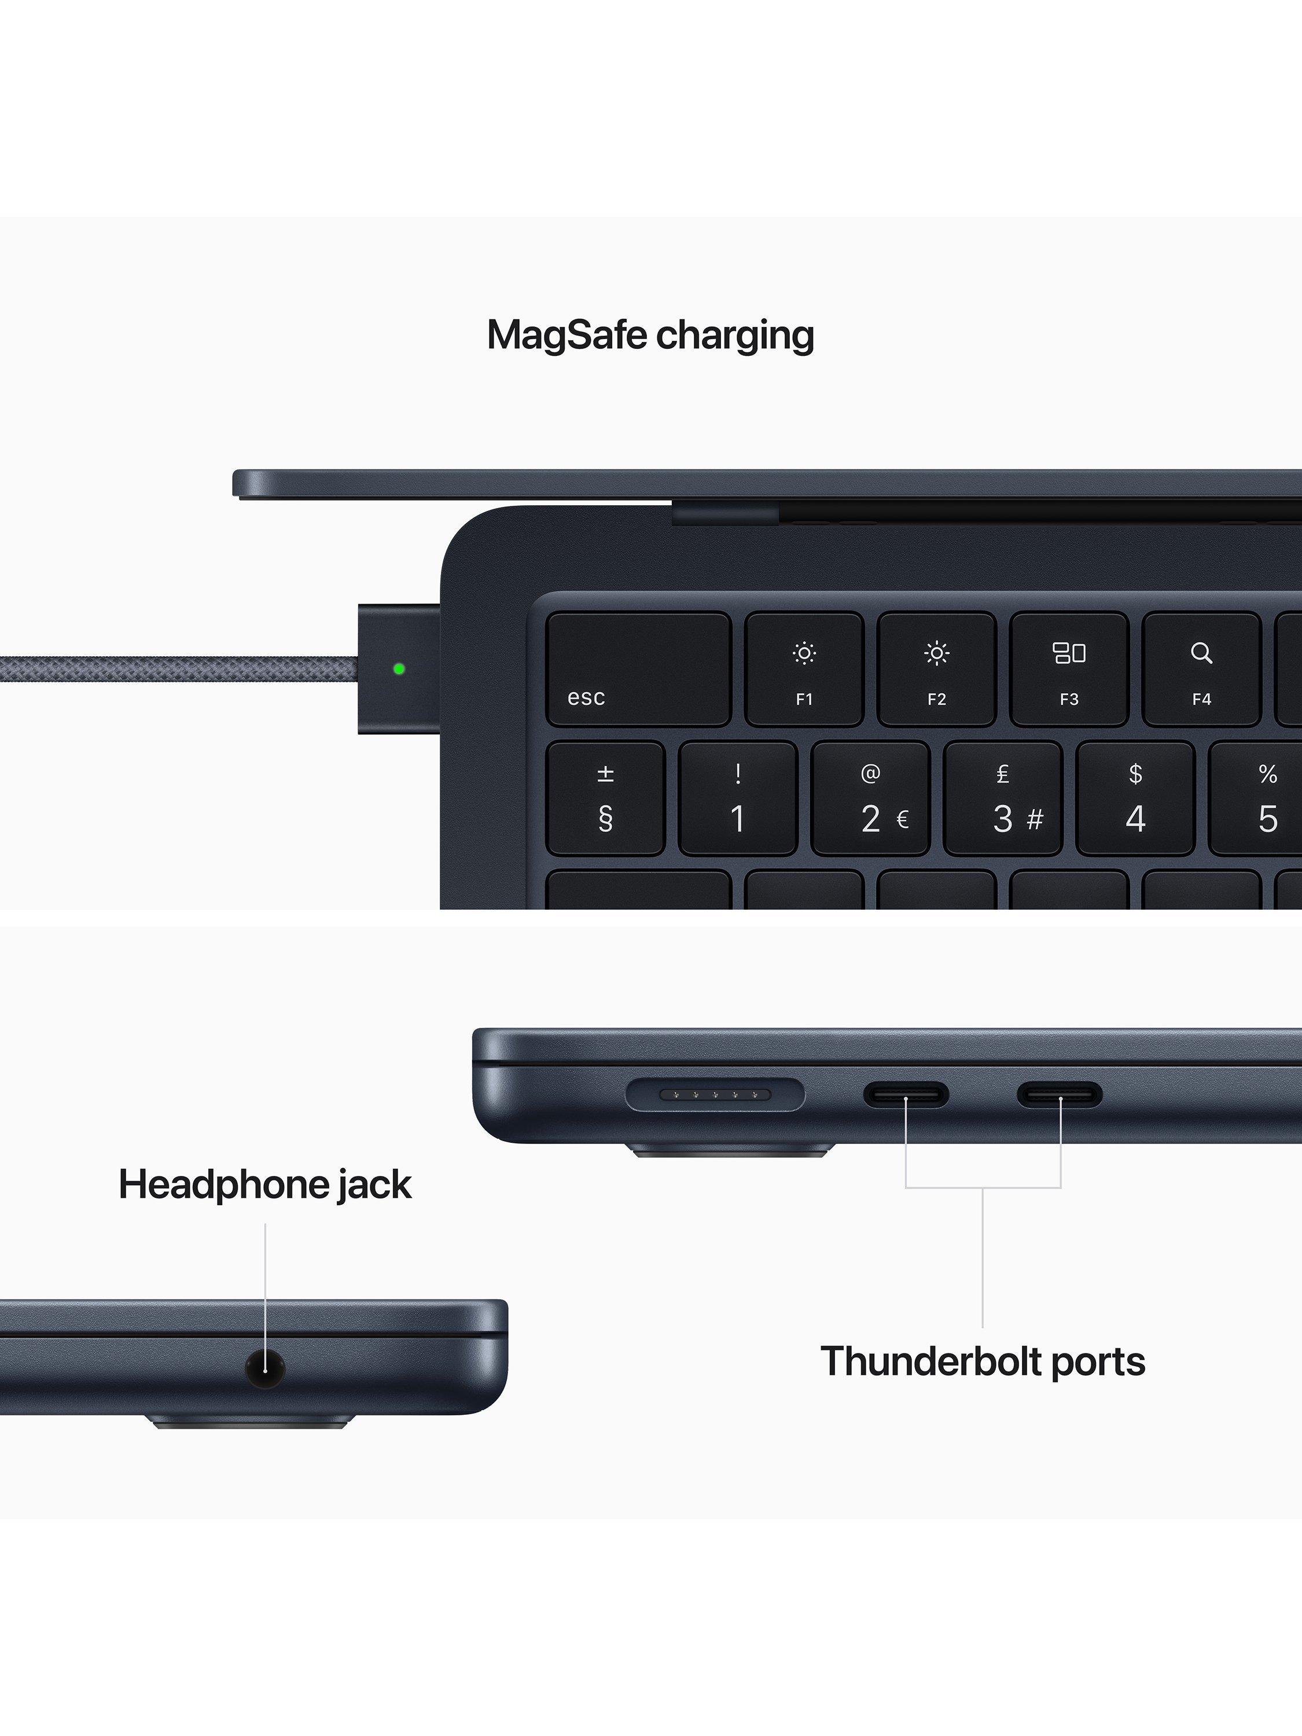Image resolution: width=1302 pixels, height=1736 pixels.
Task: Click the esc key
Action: click(638, 669)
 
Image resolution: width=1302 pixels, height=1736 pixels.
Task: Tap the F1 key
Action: click(804, 669)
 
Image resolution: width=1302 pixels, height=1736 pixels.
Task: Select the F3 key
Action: click(1069, 669)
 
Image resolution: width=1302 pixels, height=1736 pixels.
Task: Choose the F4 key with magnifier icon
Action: click(1201, 669)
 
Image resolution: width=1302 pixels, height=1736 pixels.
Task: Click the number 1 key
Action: click(738, 798)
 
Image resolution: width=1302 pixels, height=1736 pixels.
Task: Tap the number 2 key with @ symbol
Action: click(870, 798)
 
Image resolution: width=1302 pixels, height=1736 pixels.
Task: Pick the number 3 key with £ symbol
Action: click(1003, 798)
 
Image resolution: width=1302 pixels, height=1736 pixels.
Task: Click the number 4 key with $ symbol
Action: click(1135, 798)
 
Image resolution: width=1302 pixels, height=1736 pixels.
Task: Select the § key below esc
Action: click(605, 798)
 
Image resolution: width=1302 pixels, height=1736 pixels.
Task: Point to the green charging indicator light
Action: click(399, 669)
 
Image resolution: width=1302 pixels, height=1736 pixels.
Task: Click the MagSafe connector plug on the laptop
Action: click(399, 669)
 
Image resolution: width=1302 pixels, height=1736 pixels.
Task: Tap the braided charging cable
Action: click(179, 670)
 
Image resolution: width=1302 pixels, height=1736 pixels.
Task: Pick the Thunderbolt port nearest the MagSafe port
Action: click(906, 1095)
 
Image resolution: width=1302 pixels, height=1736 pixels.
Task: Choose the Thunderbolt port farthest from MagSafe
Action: click(1060, 1095)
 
